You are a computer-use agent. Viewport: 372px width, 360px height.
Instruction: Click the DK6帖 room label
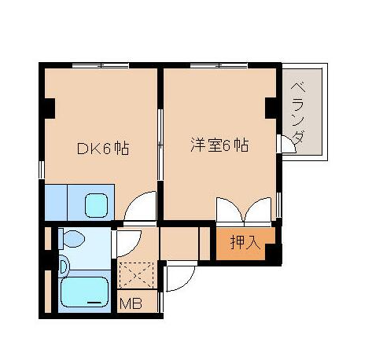[102, 147]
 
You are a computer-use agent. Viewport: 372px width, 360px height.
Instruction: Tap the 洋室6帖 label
[220, 146]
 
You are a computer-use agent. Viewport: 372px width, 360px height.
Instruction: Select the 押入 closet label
[245, 243]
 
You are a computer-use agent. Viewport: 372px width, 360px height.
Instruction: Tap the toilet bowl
[73, 238]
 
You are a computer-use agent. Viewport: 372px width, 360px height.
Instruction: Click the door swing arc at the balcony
[285, 145]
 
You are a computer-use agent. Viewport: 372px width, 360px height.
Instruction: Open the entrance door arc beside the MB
[179, 277]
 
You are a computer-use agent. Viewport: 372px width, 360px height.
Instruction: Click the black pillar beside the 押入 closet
[273, 253]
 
